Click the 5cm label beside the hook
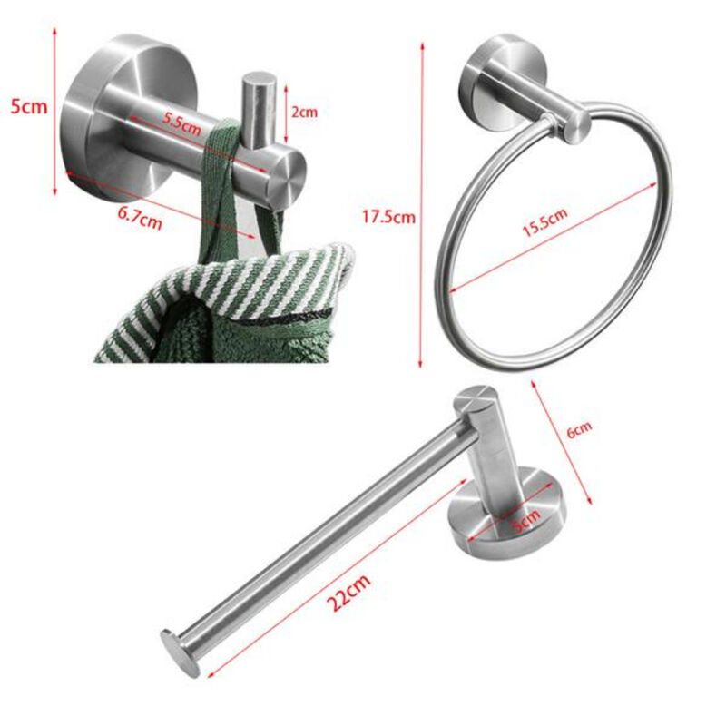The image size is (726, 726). click(27, 107)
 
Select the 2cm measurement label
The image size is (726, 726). click(304, 113)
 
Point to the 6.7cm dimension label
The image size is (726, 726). click(142, 218)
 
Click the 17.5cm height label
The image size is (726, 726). click(388, 217)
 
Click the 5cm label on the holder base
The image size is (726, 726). click(526, 518)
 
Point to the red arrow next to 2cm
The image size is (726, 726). click(286, 113)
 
